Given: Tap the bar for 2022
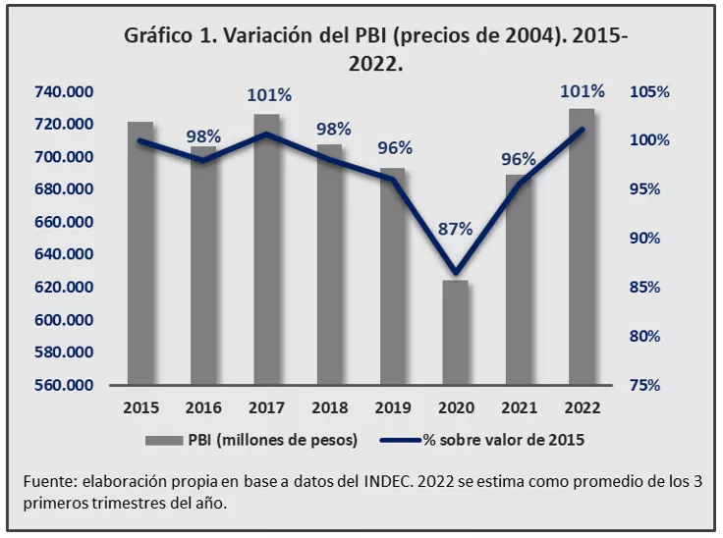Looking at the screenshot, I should (582, 246).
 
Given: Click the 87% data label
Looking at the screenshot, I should (456, 228).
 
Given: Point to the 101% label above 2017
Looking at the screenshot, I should (267, 95).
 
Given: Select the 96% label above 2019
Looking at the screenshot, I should (393, 148).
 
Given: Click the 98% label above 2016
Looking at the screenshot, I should (203, 135).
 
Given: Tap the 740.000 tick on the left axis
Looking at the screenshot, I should (64, 92).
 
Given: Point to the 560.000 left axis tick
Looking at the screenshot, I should (64, 385).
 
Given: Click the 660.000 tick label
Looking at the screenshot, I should (64, 222).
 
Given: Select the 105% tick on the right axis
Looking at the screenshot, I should (649, 92).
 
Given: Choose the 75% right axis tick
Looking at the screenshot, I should (649, 385).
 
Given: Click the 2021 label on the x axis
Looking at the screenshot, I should (519, 407).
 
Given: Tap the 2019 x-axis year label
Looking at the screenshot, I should (393, 407).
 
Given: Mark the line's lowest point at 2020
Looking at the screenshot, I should (456, 273).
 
